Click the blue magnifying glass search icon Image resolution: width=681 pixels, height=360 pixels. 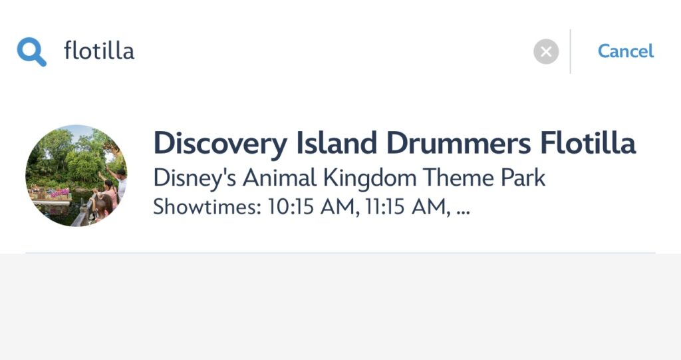coord(31,52)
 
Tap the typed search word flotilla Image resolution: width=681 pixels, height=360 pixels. coord(99,51)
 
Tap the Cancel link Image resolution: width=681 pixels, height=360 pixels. coord(625,51)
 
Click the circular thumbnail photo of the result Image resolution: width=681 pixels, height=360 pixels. coord(76,176)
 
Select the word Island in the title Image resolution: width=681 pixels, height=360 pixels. coord(336,143)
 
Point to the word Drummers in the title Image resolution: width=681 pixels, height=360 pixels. coord(458,143)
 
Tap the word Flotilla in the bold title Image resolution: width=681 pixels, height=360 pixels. coord(588,143)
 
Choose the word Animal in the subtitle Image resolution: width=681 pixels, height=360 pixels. coord(279,178)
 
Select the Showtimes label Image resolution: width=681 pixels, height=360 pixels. coord(207,206)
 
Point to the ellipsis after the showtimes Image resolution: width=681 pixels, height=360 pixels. coord(464,213)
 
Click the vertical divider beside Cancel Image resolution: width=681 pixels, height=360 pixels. coord(570,51)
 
